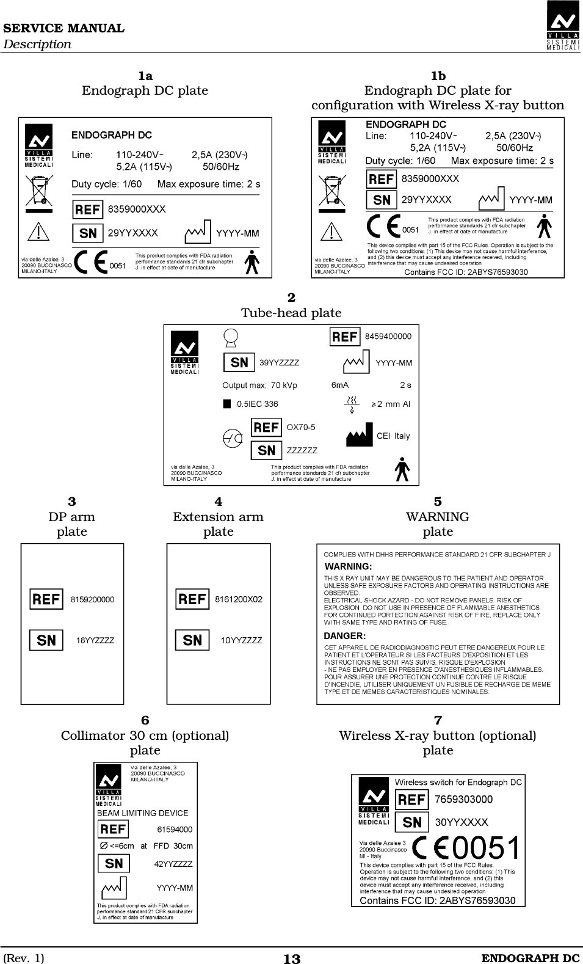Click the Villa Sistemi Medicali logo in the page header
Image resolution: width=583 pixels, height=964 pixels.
563,26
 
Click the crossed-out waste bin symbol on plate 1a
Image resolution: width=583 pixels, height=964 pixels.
38,190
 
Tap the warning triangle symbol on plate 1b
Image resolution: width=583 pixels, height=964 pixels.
331,232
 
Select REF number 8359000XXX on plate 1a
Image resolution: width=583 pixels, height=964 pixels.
137,209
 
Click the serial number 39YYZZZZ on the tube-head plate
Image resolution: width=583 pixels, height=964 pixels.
280,362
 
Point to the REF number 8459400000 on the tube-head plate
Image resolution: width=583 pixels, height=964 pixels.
388,336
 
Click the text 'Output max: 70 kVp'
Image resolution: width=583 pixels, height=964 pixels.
259,385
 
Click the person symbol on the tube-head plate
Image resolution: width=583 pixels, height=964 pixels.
401,469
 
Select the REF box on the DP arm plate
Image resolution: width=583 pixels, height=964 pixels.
46,599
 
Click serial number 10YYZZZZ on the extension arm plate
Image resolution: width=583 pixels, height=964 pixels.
241,640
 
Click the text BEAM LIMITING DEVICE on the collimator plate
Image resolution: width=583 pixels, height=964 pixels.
143,813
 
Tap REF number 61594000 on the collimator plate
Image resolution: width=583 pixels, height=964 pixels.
175,830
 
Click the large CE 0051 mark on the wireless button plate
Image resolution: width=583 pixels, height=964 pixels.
467,848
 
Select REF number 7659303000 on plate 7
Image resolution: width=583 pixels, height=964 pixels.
463,799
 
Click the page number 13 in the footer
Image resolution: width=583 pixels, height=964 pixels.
292,959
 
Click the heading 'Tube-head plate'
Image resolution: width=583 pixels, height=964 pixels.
291,313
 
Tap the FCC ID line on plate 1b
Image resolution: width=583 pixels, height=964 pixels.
466,272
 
